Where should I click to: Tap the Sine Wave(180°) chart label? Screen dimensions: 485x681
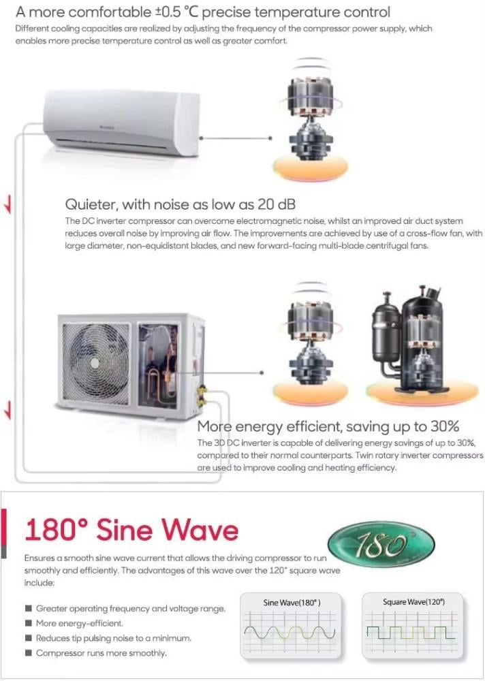click(292, 603)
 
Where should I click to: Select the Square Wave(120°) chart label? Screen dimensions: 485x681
click(413, 602)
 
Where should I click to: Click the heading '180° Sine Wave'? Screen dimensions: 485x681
click(131, 530)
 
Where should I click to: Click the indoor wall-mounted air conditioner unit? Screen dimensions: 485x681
click(122, 123)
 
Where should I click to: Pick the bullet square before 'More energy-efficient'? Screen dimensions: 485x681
click(28, 623)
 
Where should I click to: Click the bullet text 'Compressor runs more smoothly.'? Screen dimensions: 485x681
click(101, 653)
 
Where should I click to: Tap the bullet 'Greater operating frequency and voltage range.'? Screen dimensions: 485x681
click(130, 608)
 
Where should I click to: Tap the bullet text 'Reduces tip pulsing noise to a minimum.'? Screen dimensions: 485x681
click(114, 638)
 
